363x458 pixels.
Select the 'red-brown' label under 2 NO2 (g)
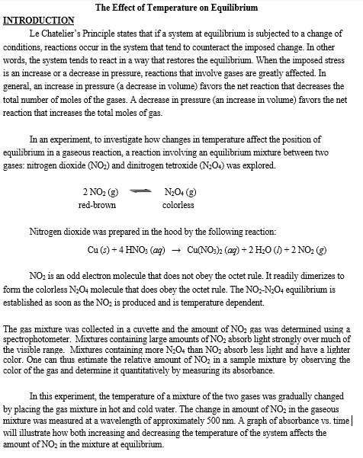(x=97, y=205)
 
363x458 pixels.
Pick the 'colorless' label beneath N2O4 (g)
(x=178, y=205)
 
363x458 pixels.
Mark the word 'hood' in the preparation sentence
(x=178, y=230)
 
